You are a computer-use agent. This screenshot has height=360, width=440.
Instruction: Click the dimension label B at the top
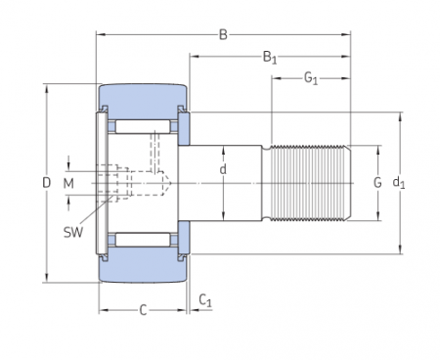tap(223, 34)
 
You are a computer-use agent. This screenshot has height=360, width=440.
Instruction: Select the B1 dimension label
tap(270, 58)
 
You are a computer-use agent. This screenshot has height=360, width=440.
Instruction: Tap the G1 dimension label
tap(311, 78)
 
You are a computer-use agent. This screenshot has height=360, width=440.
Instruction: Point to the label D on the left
tap(47, 183)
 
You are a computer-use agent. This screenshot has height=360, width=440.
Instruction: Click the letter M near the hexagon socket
tap(68, 184)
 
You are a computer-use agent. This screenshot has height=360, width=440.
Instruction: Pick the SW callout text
tap(73, 233)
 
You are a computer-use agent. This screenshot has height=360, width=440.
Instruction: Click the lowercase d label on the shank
tap(223, 169)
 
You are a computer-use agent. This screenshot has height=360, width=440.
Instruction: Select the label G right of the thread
tap(377, 183)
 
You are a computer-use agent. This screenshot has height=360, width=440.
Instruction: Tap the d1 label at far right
tap(399, 183)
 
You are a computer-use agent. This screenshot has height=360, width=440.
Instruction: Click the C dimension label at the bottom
tap(143, 310)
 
